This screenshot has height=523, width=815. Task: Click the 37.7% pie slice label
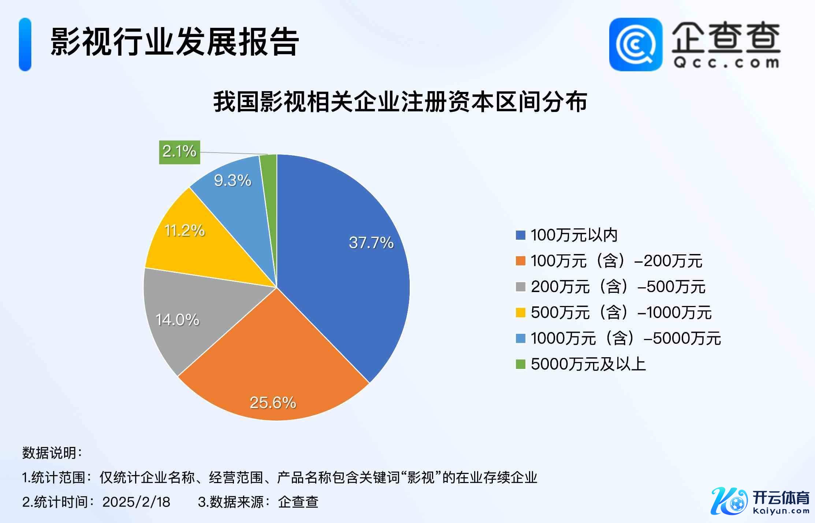click(371, 243)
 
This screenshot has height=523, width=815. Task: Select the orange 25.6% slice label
click(273, 403)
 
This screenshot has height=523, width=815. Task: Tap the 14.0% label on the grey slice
click(178, 320)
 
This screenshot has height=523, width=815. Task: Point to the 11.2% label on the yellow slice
click(185, 231)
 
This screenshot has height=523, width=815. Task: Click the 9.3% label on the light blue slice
click(232, 180)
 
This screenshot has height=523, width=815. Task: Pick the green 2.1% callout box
click(179, 152)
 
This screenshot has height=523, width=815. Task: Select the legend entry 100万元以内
click(574, 235)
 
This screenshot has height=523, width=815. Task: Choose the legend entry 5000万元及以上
click(588, 364)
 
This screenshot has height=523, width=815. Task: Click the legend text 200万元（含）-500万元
click(618, 287)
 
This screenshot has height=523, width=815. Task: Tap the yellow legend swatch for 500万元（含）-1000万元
click(520, 313)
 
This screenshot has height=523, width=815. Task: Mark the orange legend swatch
click(520, 261)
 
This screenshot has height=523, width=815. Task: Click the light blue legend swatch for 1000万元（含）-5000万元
click(520, 338)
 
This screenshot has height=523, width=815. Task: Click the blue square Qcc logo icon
click(635, 44)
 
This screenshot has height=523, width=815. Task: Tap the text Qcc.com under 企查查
click(726, 63)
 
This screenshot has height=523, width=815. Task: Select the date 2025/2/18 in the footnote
click(136, 502)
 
